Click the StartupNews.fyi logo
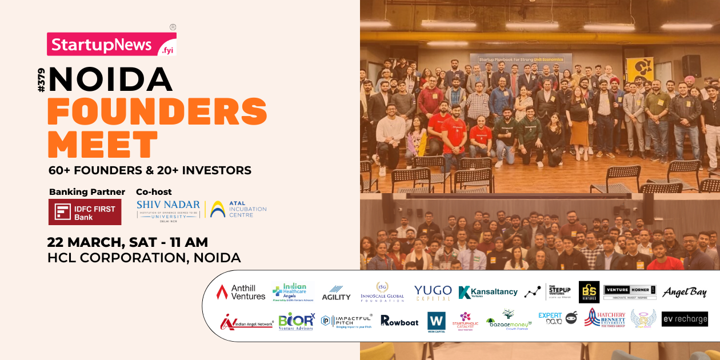point(111,45)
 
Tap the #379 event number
point(41,80)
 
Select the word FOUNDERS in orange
point(157,112)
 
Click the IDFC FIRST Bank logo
point(85,212)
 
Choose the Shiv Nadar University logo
point(168,210)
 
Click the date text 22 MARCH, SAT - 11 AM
point(127,242)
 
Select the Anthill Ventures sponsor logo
point(241,292)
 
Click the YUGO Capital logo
point(433,292)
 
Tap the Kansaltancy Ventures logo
point(487,292)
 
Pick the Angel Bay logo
point(684,293)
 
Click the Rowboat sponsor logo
point(399,321)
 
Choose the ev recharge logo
point(685,319)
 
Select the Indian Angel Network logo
point(246,322)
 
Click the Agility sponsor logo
point(336,293)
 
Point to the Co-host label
point(154,191)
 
